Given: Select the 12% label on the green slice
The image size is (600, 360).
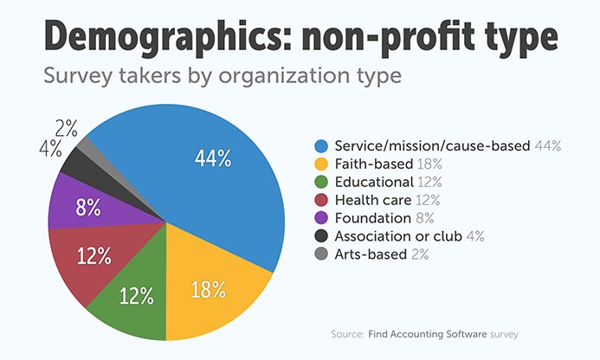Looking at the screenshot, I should pos(137,296).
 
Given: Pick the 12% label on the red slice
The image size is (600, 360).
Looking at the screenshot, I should pos(93,255).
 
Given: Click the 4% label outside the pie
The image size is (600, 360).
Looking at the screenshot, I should pos(49,149).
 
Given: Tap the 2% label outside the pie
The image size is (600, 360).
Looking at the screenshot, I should pos(67,129).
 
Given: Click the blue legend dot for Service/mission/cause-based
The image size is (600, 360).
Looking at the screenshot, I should pos(323,145).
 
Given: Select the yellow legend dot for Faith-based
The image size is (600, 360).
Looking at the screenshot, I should pos(323,164).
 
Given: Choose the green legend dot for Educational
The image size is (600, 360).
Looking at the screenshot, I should pos(323,182).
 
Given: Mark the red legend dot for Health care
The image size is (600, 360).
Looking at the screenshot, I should pos(323,200).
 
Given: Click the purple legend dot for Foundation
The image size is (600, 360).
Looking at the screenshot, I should pos(323,218).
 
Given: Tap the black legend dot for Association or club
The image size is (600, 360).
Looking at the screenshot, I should pos(323,236).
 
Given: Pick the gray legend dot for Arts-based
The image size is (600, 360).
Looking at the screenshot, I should pos(323,254).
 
